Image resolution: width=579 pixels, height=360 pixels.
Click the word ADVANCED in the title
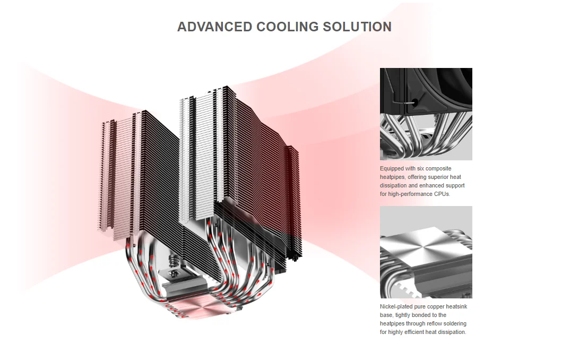coord(214,27)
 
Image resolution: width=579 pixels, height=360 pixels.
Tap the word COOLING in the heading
coord(287,27)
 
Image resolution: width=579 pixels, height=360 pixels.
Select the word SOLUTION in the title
coord(357,27)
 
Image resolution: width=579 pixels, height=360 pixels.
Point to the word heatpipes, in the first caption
coord(392,177)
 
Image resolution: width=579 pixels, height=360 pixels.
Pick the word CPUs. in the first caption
coord(442,194)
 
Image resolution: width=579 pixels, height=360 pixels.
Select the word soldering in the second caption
coord(455,323)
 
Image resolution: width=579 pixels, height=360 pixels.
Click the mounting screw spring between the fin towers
coord(172,261)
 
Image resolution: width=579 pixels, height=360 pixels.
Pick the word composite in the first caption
coord(438,168)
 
